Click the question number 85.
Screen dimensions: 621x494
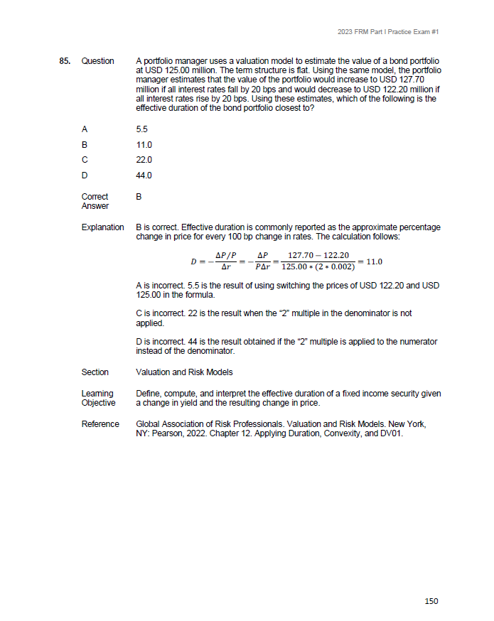click(x=64, y=61)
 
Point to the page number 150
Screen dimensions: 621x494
click(x=431, y=601)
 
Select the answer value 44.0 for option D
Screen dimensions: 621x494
click(x=144, y=175)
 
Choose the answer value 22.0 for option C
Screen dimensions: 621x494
click(x=144, y=160)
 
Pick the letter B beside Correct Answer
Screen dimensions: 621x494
click(x=139, y=197)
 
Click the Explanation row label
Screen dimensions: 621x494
click(x=102, y=227)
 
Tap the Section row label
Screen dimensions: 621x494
click(x=95, y=372)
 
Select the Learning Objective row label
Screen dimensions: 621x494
click(x=97, y=398)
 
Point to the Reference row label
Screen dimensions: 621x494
click(x=100, y=424)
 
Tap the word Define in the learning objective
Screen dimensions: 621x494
click(x=147, y=394)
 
